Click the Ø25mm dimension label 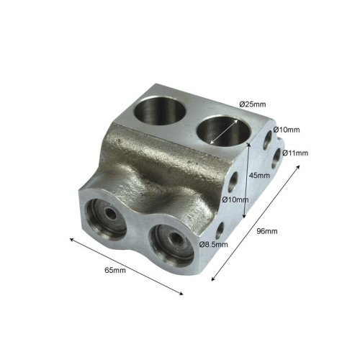(253, 104)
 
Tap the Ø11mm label (295, 153)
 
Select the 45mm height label (259, 176)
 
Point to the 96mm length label (267, 231)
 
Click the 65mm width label (115, 270)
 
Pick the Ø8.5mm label (213, 244)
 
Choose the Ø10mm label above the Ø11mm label (287, 130)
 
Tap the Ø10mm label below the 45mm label (235, 199)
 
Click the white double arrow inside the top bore (224, 132)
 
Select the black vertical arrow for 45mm (246, 180)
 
